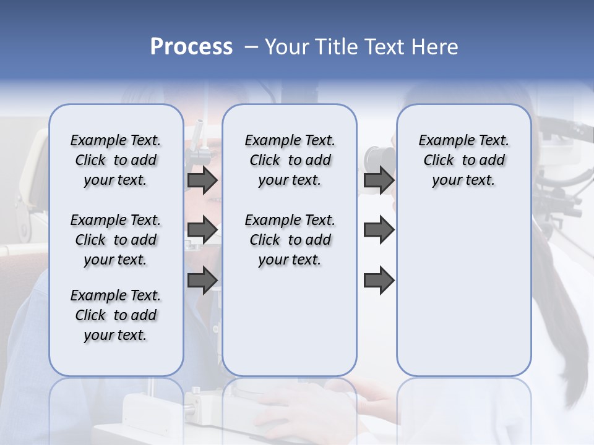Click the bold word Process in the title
[x=191, y=47]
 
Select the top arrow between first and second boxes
[x=202, y=180]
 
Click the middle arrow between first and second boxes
[x=202, y=231]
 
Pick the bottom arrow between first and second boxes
[x=202, y=280]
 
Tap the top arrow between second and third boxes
[x=379, y=180]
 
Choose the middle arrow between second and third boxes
[x=379, y=231]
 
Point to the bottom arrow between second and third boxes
[x=379, y=280]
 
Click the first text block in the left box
[x=116, y=160]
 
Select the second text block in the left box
[x=116, y=240]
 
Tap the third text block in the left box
[x=116, y=315]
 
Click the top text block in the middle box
[x=290, y=160]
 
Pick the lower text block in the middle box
[x=290, y=240]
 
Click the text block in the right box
[x=463, y=160]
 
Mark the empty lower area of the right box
[x=463, y=284]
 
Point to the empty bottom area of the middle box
[x=290, y=321]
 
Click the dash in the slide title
[x=251, y=47]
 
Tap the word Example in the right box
[x=441, y=141]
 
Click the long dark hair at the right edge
[x=566, y=321]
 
